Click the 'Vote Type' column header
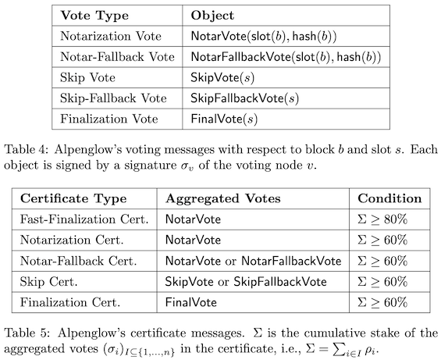pyautogui.click(x=94, y=16)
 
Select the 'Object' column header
pyautogui.click(x=212, y=16)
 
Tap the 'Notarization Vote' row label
pyautogui.click(x=111, y=36)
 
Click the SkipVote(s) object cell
pyautogui.click(x=222, y=77)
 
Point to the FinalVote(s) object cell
pyautogui.click(x=224, y=119)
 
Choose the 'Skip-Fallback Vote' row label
pyautogui.click(x=113, y=98)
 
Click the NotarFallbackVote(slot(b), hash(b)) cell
pyautogui.click(x=286, y=57)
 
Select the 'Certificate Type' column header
pyautogui.click(x=73, y=198)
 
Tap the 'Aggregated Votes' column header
pyautogui.click(x=223, y=198)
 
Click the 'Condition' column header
pyautogui.click(x=389, y=198)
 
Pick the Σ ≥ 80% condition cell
pyautogui.click(x=382, y=219)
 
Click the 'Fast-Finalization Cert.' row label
pyautogui.click(x=84, y=219)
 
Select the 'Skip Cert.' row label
pyautogui.click(x=48, y=282)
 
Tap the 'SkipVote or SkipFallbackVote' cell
pyautogui.click(x=246, y=282)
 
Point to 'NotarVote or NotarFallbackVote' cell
pyautogui.click(x=253, y=261)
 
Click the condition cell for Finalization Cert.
pyautogui.click(x=382, y=302)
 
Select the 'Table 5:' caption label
pyautogui.click(x=27, y=333)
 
